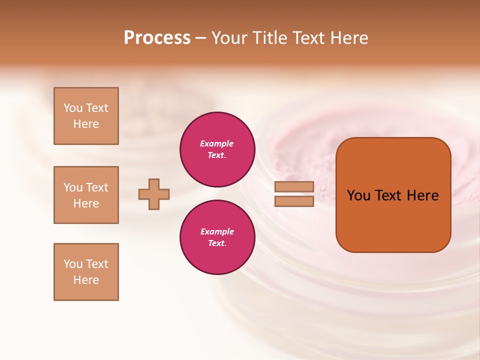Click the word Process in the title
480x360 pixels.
pos(157,38)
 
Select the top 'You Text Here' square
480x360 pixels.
pos(86,116)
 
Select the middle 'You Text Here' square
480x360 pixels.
pos(86,195)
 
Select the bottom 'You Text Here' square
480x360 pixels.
pos(86,272)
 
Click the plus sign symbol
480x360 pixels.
pos(154,194)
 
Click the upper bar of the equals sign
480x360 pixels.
pos(294,187)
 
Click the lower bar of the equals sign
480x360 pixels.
pos(294,201)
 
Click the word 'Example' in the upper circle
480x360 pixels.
pos(217,143)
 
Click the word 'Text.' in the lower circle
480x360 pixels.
pos(217,243)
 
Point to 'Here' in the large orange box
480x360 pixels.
pos(422,195)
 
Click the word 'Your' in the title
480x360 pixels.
pos(228,38)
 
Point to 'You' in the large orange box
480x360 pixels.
pos(358,195)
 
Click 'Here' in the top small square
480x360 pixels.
pos(86,124)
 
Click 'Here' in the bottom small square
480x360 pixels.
pos(86,280)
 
